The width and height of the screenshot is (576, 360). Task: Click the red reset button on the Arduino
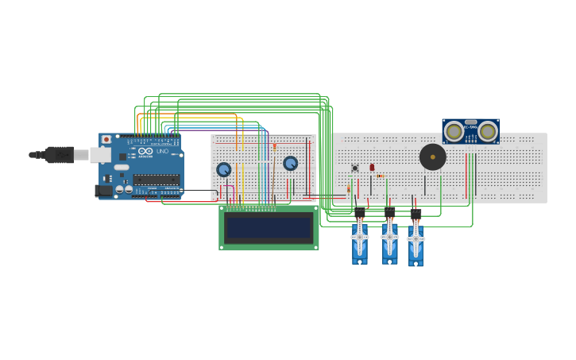(x=106, y=139)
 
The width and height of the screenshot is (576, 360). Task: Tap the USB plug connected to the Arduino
(x=59, y=154)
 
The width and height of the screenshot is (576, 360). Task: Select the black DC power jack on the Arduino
(x=102, y=191)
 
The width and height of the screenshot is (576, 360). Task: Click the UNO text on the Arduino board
(x=162, y=151)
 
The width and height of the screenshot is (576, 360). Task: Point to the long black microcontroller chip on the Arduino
(x=156, y=180)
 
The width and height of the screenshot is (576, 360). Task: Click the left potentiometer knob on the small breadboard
(x=224, y=169)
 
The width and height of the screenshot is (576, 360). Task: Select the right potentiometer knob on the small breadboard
(x=290, y=163)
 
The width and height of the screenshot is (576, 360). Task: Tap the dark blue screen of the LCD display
(x=269, y=228)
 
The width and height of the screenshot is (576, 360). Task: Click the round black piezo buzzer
(x=432, y=157)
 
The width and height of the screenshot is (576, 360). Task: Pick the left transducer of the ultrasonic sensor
(x=454, y=131)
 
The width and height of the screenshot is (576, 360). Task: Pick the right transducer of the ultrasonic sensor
(x=487, y=131)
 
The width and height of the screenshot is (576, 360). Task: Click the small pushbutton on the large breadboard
(x=355, y=168)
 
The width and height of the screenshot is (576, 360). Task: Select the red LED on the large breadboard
(x=372, y=167)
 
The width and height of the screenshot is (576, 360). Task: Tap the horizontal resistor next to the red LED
(x=381, y=176)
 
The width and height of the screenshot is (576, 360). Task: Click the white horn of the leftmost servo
(x=360, y=237)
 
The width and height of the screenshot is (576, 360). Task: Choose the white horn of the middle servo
(x=389, y=236)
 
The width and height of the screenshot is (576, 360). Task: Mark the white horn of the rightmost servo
(x=416, y=238)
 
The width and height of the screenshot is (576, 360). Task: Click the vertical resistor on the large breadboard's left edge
(x=348, y=189)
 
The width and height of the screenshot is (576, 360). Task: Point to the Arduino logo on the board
(x=145, y=151)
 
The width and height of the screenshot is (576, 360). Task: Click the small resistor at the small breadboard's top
(x=274, y=146)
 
